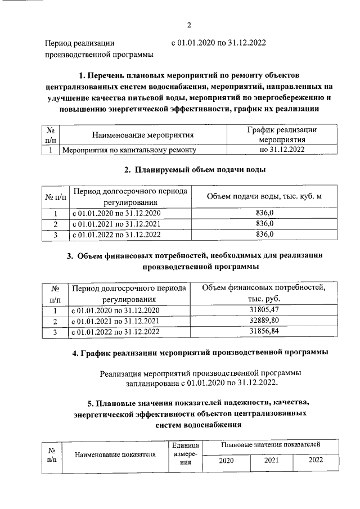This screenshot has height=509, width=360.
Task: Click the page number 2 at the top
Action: (190, 25)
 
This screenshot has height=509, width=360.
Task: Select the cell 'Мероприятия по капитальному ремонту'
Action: (129, 151)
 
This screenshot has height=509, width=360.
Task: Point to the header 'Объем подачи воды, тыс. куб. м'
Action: (264, 196)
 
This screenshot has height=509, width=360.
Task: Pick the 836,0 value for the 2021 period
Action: (264, 223)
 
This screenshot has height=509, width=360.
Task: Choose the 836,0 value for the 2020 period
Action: (264, 213)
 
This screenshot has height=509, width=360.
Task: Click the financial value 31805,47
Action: (264, 310)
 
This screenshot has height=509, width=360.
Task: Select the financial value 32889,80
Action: (264, 321)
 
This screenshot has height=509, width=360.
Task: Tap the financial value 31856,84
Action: (264, 332)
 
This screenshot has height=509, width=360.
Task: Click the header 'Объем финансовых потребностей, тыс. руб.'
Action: (264, 294)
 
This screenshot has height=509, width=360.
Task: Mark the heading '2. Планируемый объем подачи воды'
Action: (194, 169)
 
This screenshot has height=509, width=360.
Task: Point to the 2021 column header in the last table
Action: (272, 460)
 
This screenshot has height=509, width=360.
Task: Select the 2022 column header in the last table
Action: (316, 460)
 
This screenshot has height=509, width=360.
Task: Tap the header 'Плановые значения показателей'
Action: (271, 445)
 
